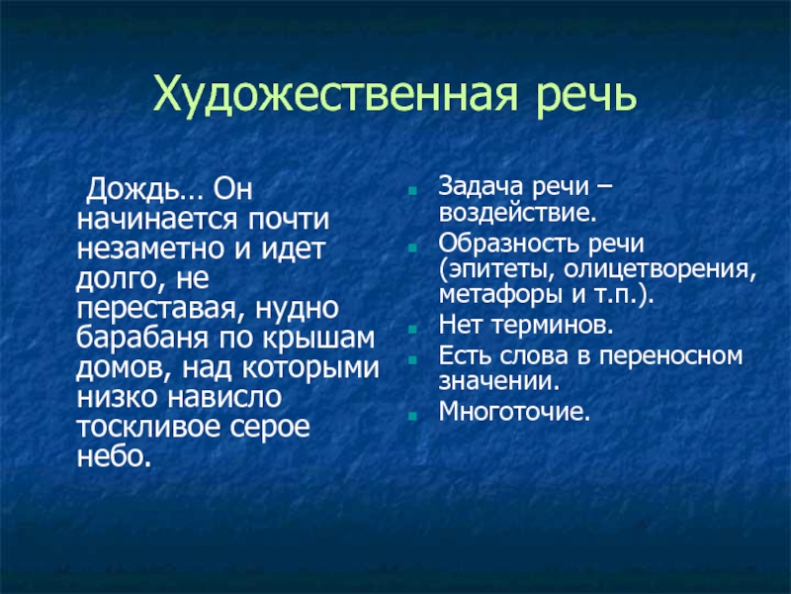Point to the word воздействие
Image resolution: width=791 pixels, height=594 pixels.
point(517,212)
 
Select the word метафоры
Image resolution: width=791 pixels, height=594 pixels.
point(496,295)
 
